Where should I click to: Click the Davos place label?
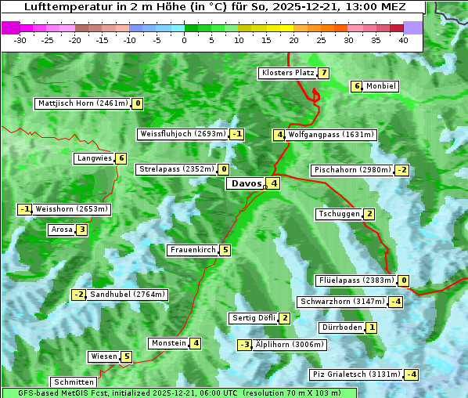245,184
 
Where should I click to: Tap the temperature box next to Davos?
272,184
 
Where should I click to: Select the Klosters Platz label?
287,73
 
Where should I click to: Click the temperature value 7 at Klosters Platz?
322,73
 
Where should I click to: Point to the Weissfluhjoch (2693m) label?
183,134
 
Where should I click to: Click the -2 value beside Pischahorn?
401,170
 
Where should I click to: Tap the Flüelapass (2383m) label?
356,280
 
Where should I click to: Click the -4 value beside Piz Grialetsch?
411,374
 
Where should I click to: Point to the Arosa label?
61,230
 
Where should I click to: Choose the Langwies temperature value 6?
121,158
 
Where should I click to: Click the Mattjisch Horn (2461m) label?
83,103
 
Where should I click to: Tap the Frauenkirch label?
193,250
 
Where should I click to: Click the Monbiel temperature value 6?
356,86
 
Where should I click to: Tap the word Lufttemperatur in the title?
57,7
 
